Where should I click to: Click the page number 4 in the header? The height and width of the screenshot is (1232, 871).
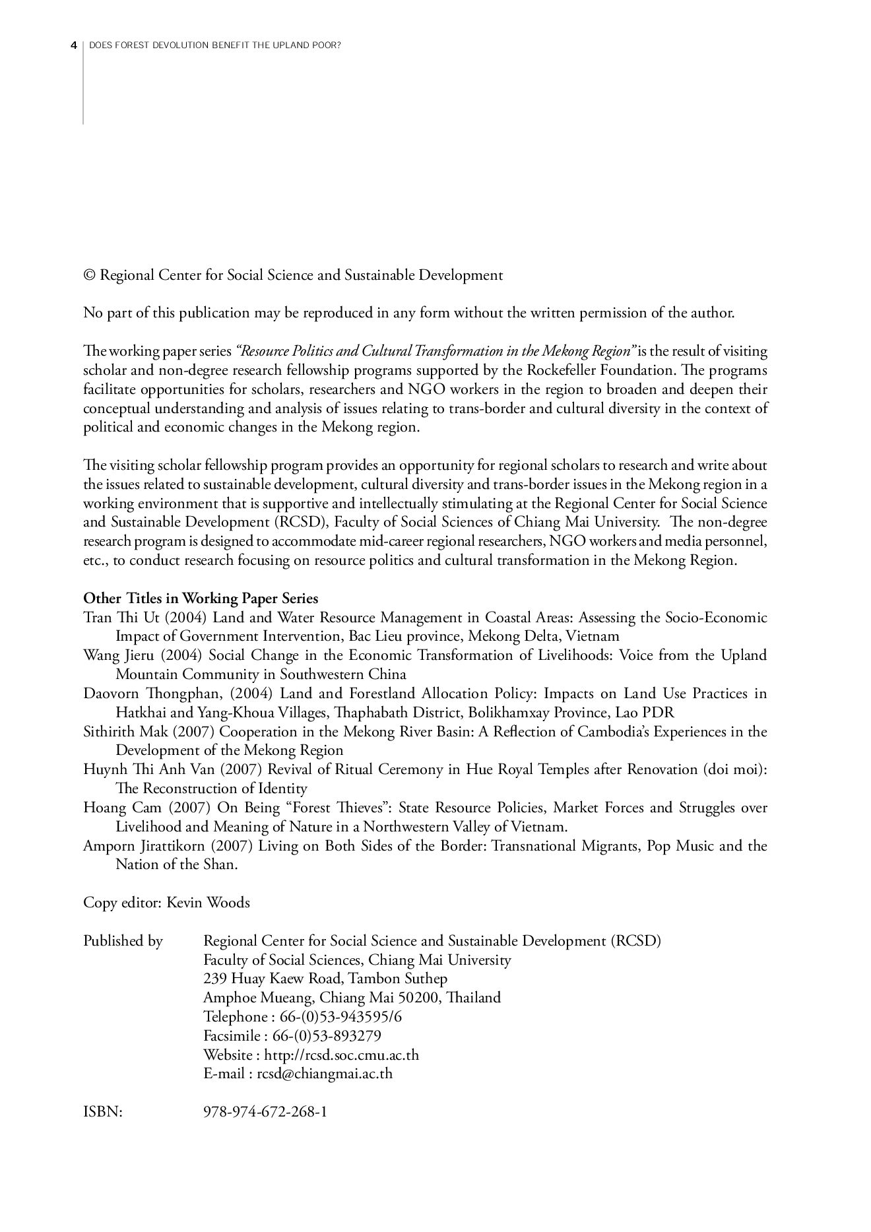point(74,46)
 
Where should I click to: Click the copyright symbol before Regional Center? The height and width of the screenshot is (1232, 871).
point(89,275)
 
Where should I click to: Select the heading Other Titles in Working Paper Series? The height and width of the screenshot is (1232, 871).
point(201,599)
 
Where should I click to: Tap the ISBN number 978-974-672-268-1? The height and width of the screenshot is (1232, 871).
point(265,1112)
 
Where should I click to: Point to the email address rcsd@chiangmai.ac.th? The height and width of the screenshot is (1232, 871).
point(325,1074)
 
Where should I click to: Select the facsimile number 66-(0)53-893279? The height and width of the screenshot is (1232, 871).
point(327,1035)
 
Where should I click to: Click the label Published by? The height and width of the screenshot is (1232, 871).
point(123,940)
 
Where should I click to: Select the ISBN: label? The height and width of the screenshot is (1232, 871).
point(103,1112)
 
